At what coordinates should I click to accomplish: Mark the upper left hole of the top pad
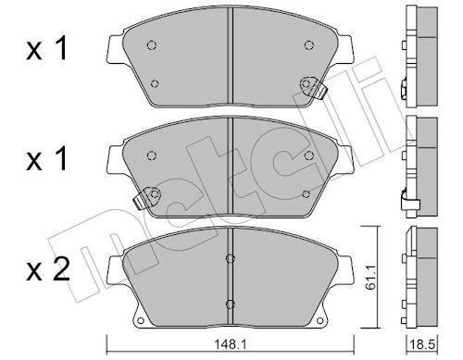click(x=153, y=45)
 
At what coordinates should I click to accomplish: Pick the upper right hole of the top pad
click(x=307, y=45)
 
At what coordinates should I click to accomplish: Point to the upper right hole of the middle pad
click(x=307, y=155)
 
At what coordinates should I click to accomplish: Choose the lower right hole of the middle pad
click(x=307, y=192)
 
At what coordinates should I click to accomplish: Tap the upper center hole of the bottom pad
click(x=230, y=257)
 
